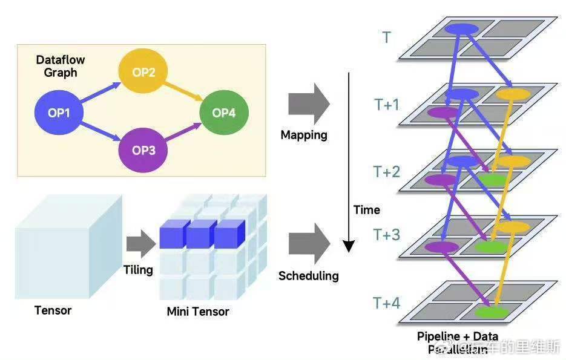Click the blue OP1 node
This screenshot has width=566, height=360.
point(59,112)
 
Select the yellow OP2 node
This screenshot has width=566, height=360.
point(143,73)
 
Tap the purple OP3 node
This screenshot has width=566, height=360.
point(143,150)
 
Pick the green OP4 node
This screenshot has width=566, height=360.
point(223,113)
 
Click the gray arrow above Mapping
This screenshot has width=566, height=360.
point(308,104)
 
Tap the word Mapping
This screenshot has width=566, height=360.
point(304,135)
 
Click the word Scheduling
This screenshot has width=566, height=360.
point(308,276)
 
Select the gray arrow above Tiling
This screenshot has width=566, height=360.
point(141,244)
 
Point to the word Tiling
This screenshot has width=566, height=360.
point(138,269)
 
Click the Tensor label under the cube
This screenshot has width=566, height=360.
point(53,310)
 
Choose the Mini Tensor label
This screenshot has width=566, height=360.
point(198,312)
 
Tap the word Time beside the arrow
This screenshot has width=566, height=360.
point(367,210)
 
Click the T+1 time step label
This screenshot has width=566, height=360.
point(387,105)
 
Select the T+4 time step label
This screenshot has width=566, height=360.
point(387,303)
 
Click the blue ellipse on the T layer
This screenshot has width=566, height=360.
point(461,28)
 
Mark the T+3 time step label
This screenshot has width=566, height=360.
point(387,234)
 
